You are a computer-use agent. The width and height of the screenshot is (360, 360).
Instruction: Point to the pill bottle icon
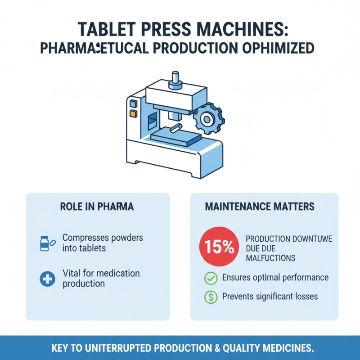45,243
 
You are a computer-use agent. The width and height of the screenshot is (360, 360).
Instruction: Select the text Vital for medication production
101,279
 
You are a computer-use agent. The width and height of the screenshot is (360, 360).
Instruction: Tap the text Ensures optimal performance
275,278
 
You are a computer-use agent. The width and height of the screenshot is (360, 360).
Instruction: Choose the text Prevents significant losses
270,297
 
